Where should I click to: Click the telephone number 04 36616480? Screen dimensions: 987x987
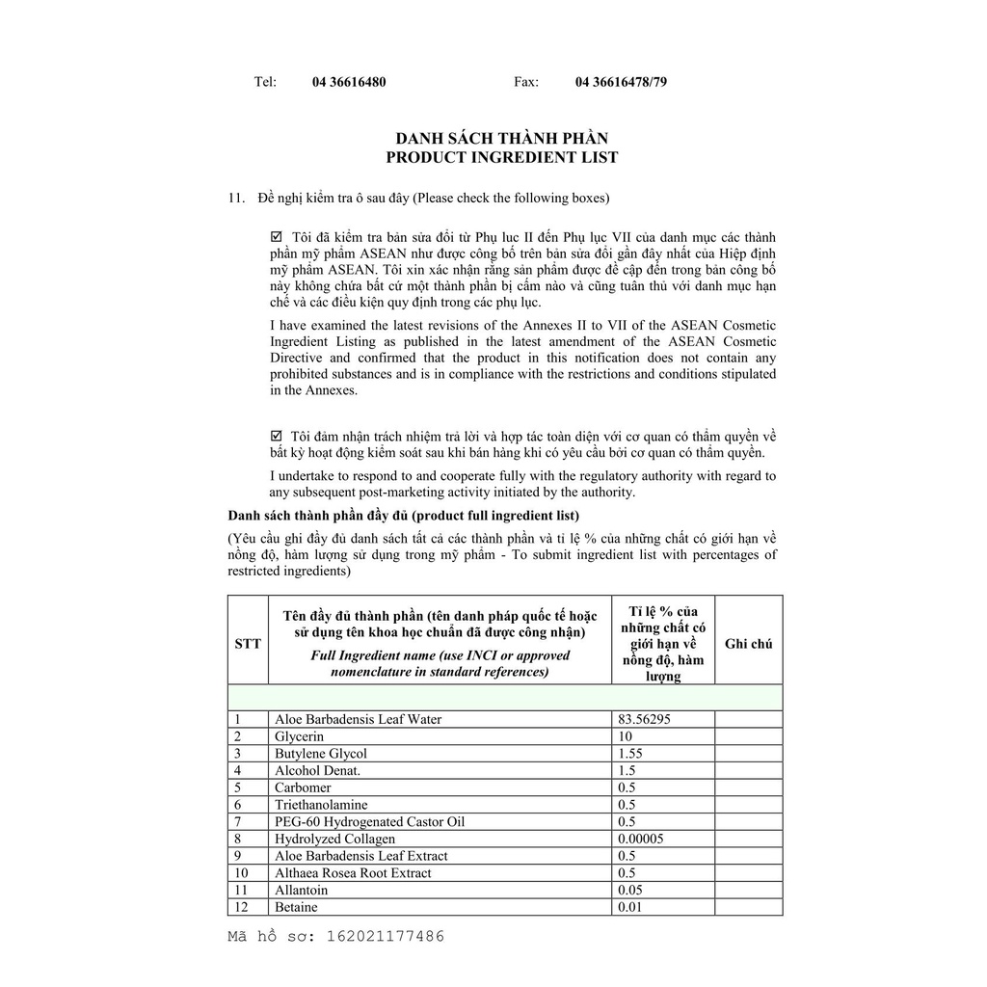pos(349,82)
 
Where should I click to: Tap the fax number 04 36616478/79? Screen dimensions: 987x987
pos(621,82)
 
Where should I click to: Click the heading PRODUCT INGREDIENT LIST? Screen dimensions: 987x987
pos(502,157)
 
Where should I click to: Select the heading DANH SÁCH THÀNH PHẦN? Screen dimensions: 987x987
pos(502,139)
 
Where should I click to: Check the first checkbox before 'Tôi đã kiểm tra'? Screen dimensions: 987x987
pos(277,237)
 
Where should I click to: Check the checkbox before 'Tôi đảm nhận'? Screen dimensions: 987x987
pos(277,436)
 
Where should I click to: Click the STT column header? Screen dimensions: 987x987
pos(248,644)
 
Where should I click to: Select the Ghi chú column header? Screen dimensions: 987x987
pos(748,644)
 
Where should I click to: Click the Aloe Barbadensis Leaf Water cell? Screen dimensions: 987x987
pos(358,719)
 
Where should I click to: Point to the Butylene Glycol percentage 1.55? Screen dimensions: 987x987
pos(629,754)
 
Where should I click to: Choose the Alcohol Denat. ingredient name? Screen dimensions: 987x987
pos(317,771)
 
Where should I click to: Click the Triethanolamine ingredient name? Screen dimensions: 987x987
pos(321,805)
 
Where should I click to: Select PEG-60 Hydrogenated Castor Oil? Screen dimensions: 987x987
pos(369,822)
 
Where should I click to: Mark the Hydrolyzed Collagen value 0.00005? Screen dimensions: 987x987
pos(640,839)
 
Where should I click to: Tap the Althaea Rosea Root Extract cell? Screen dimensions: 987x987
pos(353,873)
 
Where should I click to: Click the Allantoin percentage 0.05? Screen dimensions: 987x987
pos(629,891)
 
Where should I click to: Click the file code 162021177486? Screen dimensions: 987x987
pos(386,936)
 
